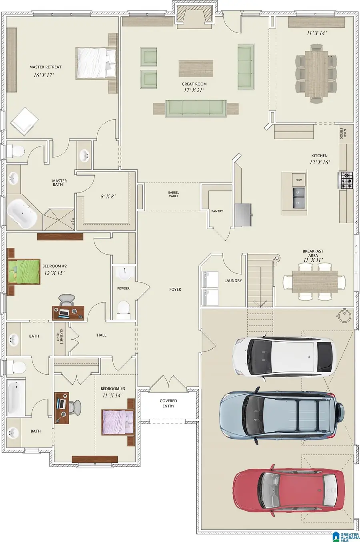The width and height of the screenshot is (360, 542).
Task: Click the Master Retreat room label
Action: [45, 67]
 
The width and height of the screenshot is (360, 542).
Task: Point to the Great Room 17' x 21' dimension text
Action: [194, 90]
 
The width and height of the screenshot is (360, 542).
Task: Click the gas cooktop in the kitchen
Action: [346, 180]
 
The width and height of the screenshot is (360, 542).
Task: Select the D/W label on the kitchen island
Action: [298, 180]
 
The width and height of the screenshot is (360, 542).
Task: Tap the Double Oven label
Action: [343, 133]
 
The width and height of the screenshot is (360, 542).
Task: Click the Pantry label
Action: [217, 211]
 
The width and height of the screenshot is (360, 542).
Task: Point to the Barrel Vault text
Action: [174, 195]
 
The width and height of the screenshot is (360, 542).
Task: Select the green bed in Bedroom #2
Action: [24, 272]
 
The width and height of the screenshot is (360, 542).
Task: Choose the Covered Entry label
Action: [168, 403]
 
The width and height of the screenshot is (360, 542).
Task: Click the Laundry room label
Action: [233, 281]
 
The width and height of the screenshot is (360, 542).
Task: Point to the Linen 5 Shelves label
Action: [60, 336]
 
